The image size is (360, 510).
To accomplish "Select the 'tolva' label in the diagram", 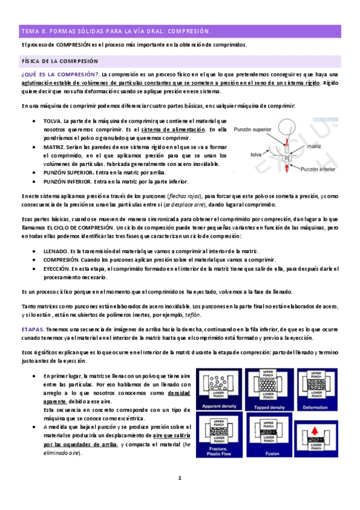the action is point(256,154).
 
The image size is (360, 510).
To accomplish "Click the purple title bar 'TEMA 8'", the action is point(180,31).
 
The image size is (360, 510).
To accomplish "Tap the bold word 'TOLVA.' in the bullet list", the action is point(55,121).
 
